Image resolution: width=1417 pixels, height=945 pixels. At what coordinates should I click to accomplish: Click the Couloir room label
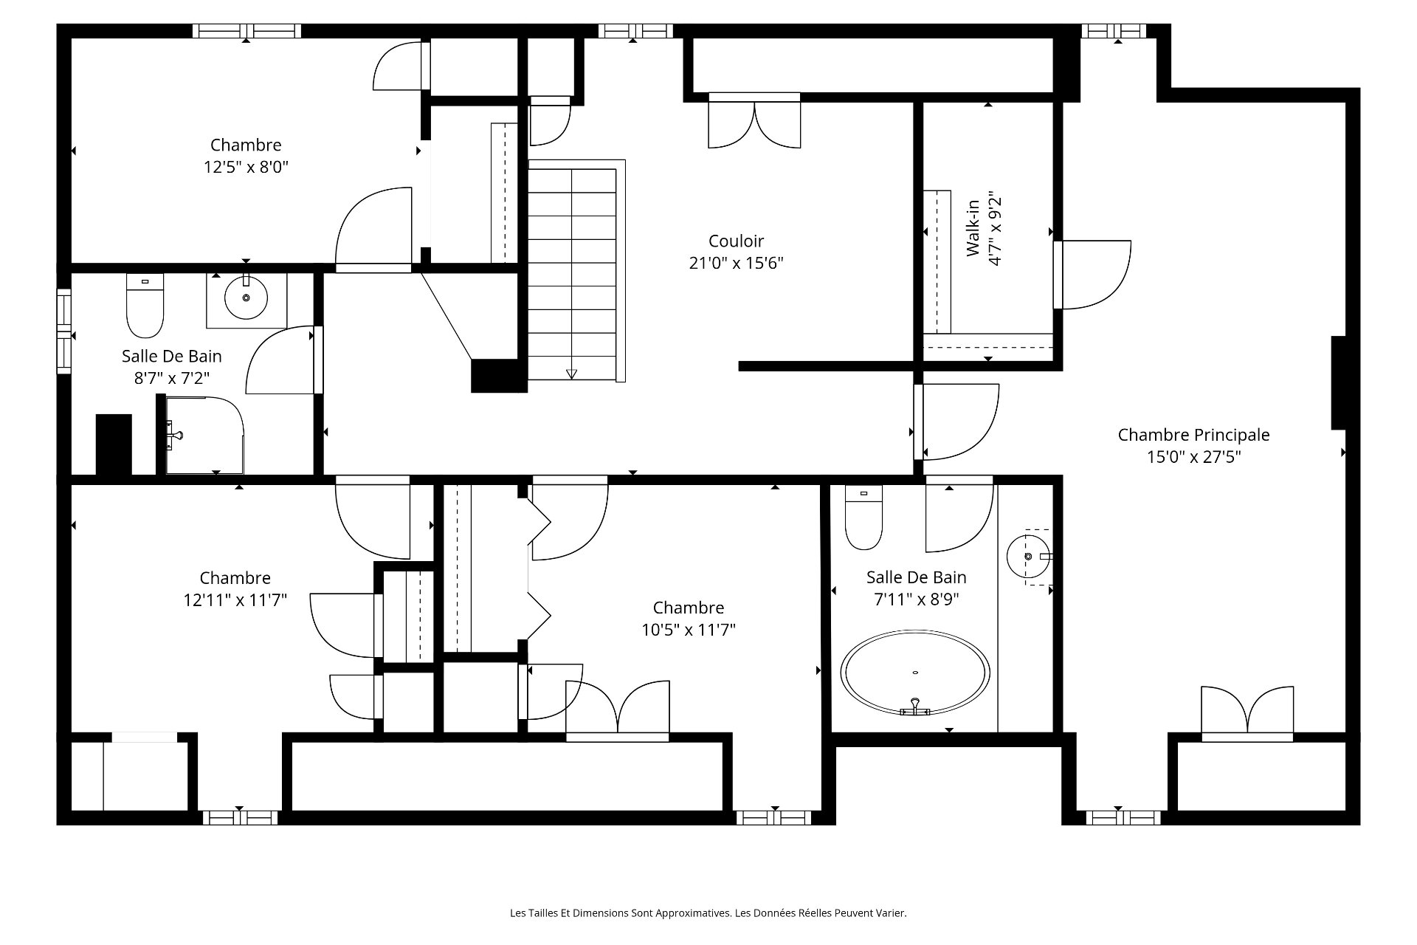click(736, 241)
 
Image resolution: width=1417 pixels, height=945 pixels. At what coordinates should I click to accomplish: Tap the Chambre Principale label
click(1193, 435)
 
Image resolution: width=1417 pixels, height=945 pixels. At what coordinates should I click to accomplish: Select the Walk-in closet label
click(973, 228)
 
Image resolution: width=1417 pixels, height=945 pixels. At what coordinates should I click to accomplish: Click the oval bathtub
click(915, 673)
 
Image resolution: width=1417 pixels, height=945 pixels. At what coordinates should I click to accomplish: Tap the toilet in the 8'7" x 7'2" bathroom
click(145, 306)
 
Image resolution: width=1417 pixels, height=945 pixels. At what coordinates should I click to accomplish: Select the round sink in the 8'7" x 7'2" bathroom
click(246, 298)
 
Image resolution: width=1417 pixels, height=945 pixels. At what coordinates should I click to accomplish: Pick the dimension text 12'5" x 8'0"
click(246, 168)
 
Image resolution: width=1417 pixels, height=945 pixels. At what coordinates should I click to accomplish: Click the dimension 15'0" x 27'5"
click(1193, 457)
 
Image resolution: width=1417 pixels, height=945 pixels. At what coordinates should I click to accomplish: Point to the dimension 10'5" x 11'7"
click(689, 630)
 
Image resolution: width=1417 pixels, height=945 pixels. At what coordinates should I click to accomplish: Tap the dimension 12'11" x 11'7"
click(235, 600)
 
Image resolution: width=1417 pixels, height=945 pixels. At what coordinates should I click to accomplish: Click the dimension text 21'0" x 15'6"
click(736, 264)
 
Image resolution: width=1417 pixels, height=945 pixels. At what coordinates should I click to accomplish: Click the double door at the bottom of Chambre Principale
click(1247, 714)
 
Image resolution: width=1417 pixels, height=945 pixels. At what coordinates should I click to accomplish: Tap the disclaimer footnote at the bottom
click(708, 913)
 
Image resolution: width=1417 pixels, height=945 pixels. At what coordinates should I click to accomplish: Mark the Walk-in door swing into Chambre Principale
click(1092, 275)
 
